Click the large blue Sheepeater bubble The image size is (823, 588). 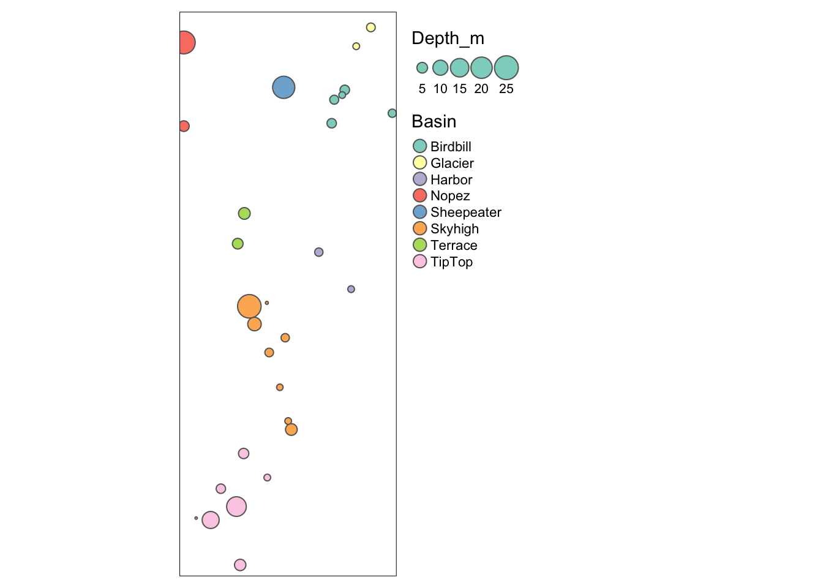(x=284, y=88)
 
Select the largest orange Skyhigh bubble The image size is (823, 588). (x=249, y=306)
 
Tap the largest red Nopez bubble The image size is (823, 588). (x=184, y=43)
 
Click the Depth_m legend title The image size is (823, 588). (x=448, y=38)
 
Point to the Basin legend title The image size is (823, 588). (x=434, y=121)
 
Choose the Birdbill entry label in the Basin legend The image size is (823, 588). (x=451, y=146)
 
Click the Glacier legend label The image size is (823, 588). (x=452, y=163)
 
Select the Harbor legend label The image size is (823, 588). (x=451, y=179)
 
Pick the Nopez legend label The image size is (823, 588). (x=450, y=196)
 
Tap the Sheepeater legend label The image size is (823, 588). (x=465, y=213)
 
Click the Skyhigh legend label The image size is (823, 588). (x=454, y=229)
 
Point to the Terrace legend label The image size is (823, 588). (x=454, y=246)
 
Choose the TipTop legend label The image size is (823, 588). (x=451, y=262)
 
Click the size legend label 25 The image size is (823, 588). (x=506, y=89)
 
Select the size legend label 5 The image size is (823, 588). (x=422, y=89)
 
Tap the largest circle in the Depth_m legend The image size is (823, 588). (x=506, y=67)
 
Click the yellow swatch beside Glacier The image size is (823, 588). (x=419, y=162)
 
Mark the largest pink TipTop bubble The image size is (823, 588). (x=236, y=507)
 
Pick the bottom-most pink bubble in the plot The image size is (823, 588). (x=240, y=565)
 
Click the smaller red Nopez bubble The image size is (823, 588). (x=184, y=126)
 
